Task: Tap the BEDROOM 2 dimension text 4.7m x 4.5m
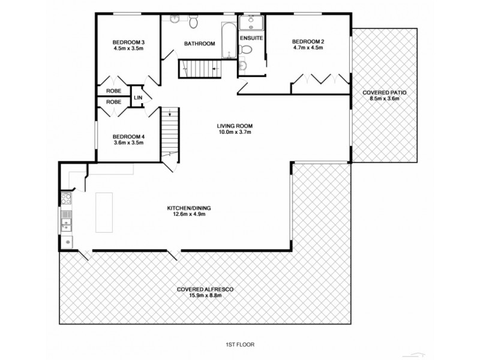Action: click(x=308, y=47)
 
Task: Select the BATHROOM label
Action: click(x=199, y=44)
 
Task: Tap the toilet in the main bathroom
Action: click(x=193, y=23)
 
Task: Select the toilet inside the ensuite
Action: click(x=242, y=65)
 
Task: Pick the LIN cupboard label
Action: click(x=138, y=97)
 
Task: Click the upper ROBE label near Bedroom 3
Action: click(x=114, y=91)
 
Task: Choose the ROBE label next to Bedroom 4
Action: click(x=114, y=102)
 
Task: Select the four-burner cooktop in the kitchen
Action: click(x=67, y=199)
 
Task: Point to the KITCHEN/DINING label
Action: click(x=189, y=208)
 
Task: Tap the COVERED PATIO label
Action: click(x=385, y=93)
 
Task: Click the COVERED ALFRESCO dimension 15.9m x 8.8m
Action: click(x=205, y=295)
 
